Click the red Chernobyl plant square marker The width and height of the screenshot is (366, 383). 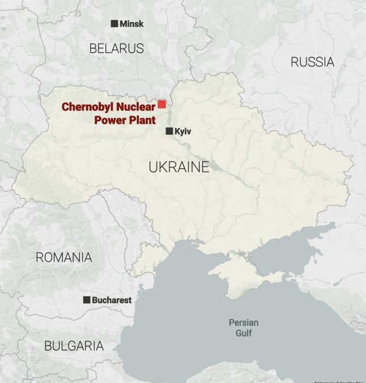[161, 104]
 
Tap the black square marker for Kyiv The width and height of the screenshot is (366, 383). [169, 131]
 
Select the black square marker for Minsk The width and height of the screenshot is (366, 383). [114, 23]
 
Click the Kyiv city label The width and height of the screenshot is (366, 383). [183, 131]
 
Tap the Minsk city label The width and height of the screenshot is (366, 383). [131, 24]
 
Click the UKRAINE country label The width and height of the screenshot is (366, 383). [179, 167]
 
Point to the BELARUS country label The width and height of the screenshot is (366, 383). [117, 49]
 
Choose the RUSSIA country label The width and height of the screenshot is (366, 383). [313, 62]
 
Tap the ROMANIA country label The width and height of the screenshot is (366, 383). [64, 257]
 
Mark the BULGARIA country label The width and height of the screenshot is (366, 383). [74, 346]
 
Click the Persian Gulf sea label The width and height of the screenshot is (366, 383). [244, 327]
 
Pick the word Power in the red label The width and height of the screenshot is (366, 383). [110, 120]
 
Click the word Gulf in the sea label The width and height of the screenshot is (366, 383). [244, 333]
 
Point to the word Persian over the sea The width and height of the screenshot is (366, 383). [244, 322]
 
